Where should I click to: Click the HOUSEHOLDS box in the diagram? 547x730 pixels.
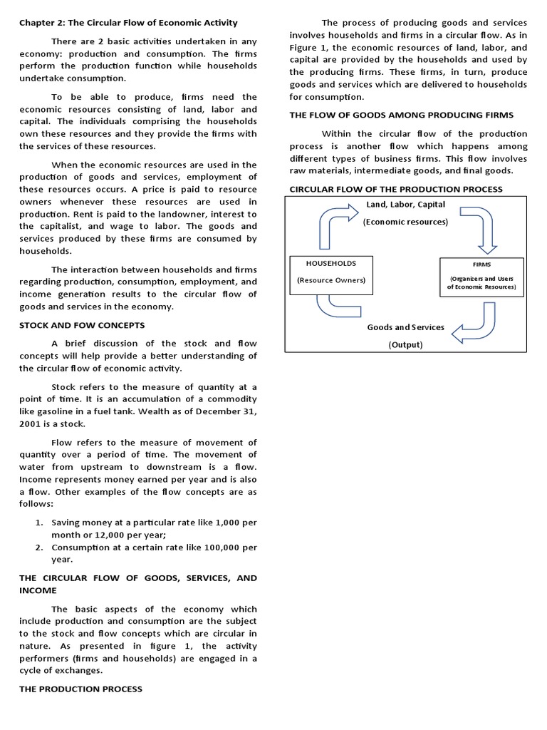[x=330, y=272]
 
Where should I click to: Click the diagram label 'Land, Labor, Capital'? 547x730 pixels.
[x=405, y=205]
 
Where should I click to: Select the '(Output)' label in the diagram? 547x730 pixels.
[x=405, y=345]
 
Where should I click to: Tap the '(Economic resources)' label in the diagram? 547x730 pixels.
[x=405, y=222]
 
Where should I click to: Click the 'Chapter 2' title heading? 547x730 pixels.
[x=128, y=23]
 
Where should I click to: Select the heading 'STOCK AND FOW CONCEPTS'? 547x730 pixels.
[x=82, y=325]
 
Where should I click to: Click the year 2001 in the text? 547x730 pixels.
[x=31, y=423]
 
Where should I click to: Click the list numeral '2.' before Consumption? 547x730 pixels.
[x=40, y=547]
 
